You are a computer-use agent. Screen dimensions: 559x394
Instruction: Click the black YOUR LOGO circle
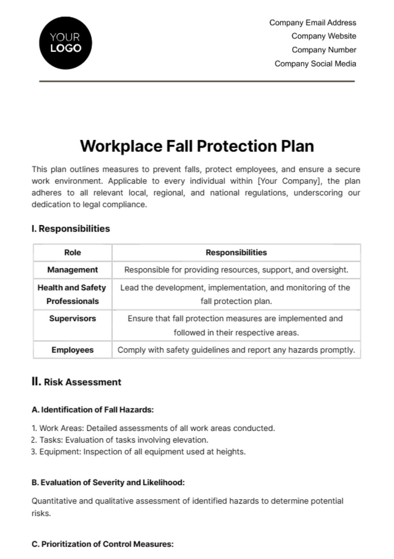click(66, 43)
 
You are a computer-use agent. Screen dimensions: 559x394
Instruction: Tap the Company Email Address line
click(313, 23)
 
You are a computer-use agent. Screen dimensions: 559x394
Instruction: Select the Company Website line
click(324, 36)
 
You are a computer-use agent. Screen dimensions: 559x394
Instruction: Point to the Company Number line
click(324, 50)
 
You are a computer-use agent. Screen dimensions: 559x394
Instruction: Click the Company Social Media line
click(315, 64)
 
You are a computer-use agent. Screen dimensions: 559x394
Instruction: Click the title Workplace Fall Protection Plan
click(197, 146)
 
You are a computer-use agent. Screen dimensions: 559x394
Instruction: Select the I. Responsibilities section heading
click(71, 229)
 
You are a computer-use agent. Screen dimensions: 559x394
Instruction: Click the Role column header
click(73, 253)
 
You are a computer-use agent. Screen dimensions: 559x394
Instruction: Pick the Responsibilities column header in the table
click(236, 253)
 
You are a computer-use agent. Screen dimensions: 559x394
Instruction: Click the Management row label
click(73, 270)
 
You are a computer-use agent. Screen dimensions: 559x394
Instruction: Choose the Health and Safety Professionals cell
click(72, 294)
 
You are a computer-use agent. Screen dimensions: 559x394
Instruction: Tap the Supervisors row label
click(73, 319)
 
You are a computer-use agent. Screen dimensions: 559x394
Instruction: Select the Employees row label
click(73, 350)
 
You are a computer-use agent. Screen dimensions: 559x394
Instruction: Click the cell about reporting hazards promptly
click(236, 350)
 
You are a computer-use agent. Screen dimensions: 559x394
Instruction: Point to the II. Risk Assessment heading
click(77, 382)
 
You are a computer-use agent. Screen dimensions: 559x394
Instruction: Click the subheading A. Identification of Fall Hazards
click(93, 410)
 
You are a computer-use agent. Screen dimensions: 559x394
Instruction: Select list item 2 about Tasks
click(120, 440)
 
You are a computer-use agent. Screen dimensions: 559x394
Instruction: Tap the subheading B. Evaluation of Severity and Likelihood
click(108, 483)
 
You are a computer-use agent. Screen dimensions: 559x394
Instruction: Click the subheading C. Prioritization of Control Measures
click(102, 544)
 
